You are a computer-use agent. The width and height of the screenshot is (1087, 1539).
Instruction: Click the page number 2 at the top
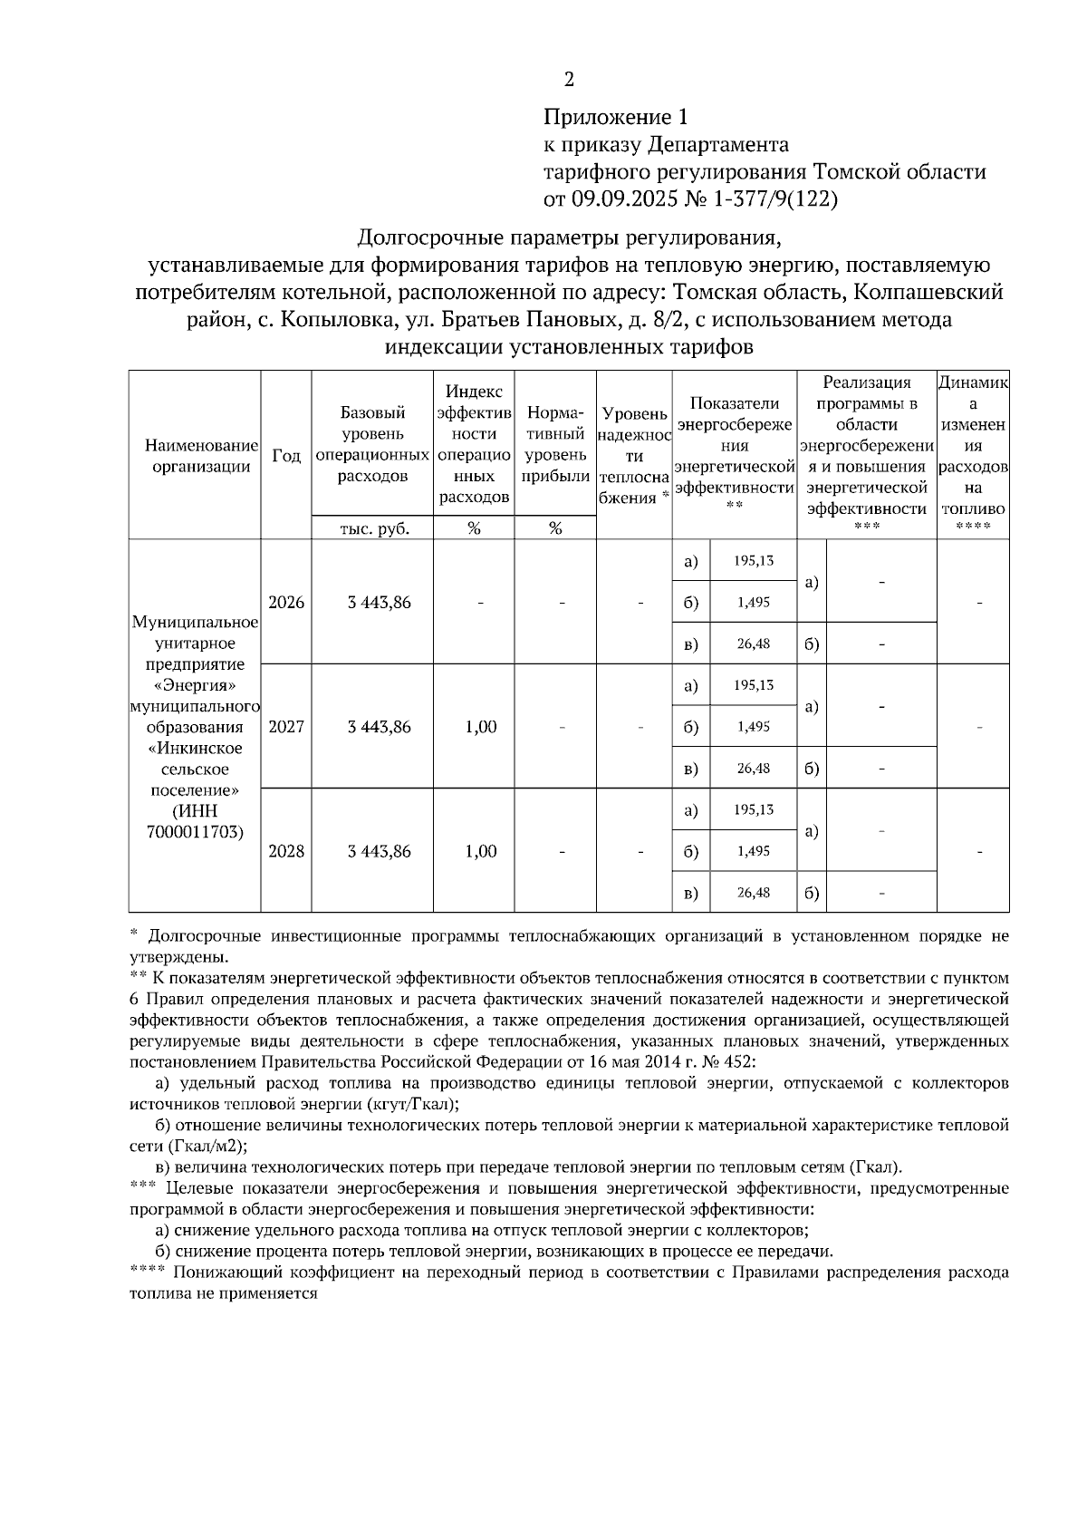pos(569,80)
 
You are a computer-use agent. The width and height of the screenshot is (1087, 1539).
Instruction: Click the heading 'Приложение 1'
pos(616,117)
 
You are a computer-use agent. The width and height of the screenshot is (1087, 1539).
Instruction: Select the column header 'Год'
pos(286,456)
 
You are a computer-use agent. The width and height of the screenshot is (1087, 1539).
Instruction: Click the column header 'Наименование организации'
pos(195,456)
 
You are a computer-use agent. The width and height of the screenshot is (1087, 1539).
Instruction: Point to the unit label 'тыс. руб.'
pos(373,529)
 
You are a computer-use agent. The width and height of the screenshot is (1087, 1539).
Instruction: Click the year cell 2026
pos(286,603)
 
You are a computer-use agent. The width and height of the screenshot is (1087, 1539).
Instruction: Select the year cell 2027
pos(286,727)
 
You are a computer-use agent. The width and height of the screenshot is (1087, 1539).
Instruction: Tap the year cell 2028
pos(286,851)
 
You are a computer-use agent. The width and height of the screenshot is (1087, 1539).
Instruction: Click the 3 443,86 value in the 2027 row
pos(379,727)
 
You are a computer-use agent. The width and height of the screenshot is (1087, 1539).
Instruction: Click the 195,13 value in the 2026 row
pos(754,561)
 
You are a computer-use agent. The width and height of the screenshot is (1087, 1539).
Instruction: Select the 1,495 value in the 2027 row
pos(754,727)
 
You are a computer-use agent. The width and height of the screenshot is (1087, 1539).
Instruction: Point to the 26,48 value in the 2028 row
pos(754,893)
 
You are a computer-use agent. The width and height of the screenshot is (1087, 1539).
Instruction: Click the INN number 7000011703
pos(195,831)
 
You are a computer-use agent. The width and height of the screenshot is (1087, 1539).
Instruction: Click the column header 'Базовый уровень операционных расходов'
pos(373,444)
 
